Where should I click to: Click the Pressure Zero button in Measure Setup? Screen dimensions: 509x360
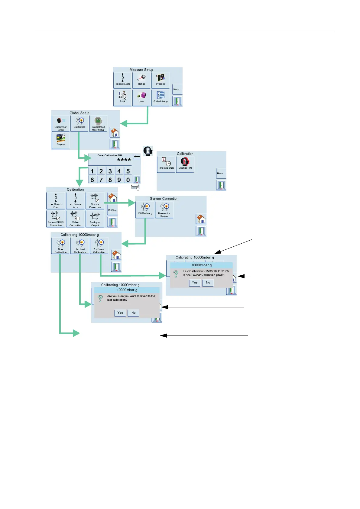pos(122,80)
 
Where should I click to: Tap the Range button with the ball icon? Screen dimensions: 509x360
pos(141,80)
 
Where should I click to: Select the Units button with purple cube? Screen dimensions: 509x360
pos(141,97)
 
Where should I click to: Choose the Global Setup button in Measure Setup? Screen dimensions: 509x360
pos(161,97)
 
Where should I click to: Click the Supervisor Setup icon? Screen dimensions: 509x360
pos(61,123)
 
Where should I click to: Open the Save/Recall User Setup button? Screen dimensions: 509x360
pos(98,123)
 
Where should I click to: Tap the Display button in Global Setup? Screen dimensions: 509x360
pos(61,140)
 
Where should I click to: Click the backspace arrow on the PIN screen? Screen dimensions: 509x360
pos(137,157)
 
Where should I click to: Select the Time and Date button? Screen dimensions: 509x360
pos(166,164)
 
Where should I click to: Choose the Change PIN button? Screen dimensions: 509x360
pos(185,164)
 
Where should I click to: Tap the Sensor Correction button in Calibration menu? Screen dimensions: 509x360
pos(95,201)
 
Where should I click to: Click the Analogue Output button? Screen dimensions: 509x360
pos(95,219)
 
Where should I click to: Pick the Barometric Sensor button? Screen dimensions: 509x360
pos(164,210)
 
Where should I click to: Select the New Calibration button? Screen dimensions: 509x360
pos(60,246)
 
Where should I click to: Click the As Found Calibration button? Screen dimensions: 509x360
pos(99,246)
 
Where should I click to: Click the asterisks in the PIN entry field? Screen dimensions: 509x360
pos(124,160)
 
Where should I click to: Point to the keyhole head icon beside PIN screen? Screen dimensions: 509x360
pos(148,151)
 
